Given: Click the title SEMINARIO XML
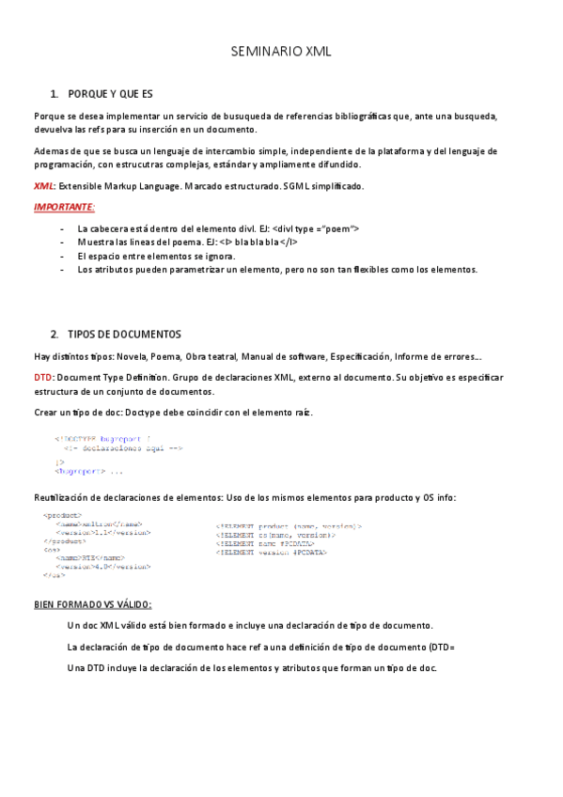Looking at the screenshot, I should (281, 53).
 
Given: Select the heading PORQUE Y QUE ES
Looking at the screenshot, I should (110, 94).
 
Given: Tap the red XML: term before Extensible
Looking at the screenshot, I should (44, 186).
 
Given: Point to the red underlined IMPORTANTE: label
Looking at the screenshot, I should (64, 207).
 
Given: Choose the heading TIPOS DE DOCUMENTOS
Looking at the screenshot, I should (125, 335).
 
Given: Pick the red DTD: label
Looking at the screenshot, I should (44, 377).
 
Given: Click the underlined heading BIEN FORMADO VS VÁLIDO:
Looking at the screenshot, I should (92, 604).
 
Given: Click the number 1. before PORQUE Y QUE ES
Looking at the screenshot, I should (55, 94).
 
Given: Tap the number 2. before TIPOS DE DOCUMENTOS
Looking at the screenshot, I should (55, 335).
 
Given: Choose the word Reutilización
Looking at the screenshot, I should (65, 497).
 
